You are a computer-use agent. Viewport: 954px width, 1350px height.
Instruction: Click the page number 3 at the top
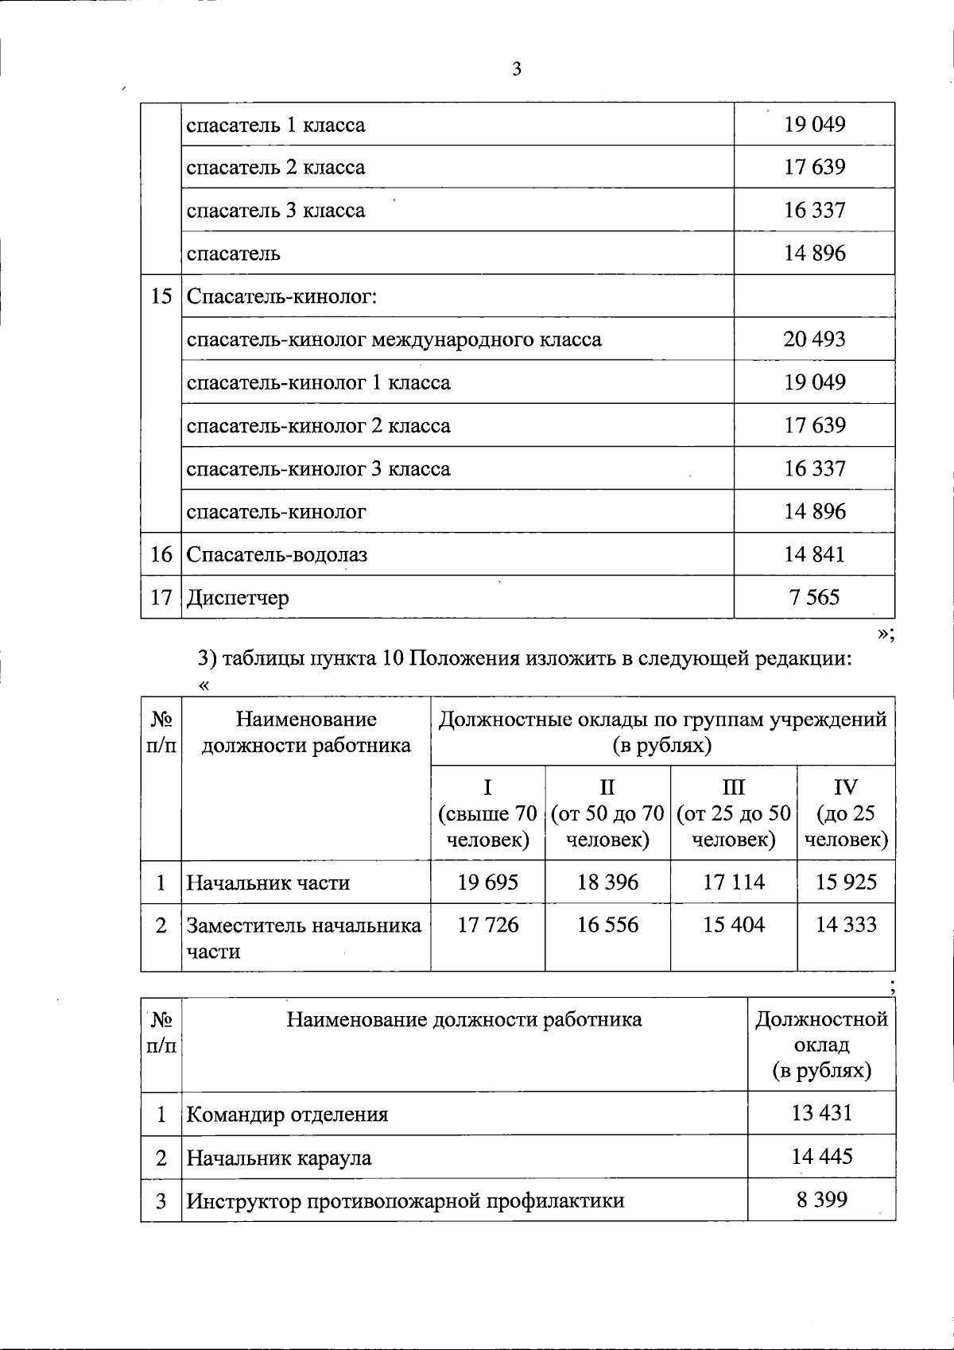click(516, 69)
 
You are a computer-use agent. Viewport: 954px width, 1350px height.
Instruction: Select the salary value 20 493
click(814, 339)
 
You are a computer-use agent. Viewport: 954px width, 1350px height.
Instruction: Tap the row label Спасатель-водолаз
click(277, 555)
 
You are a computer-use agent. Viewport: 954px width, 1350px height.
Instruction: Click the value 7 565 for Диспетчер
click(814, 597)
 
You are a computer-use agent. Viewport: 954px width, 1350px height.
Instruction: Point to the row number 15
click(161, 297)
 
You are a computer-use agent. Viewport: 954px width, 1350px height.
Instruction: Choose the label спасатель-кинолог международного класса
click(394, 340)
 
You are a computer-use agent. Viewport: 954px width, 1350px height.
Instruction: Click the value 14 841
click(814, 554)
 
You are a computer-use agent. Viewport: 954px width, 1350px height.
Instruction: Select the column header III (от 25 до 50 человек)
click(733, 813)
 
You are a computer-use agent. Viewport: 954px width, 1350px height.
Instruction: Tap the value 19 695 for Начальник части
click(488, 882)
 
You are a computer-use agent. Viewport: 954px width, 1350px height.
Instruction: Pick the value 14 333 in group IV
click(846, 924)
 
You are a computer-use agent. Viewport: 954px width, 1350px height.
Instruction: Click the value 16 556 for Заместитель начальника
click(607, 924)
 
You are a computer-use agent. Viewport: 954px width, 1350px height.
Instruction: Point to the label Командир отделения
click(287, 1114)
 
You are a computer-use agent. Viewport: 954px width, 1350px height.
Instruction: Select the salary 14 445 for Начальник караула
click(821, 1156)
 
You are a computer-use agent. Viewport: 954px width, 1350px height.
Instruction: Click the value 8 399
click(821, 1199)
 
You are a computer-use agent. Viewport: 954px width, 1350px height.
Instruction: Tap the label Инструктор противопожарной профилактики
click(405, 1201)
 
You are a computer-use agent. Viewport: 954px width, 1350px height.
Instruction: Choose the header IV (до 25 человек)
click(846, 813)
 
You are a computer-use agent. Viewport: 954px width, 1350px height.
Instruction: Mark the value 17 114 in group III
click(733, 882)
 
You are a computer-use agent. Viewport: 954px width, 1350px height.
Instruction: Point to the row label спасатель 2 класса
click(275, 168)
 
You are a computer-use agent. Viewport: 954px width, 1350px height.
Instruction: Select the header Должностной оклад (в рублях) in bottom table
click(821, 1045)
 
